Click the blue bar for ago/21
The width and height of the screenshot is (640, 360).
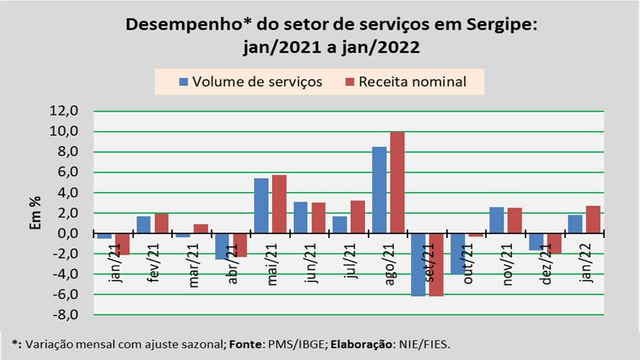click(379, 190)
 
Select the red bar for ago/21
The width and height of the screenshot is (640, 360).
click(397, 182)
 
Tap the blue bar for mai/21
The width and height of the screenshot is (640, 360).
click(261, 205)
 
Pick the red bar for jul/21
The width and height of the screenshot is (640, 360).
click(358, 217)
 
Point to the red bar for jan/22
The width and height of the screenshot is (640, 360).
click(593, 219)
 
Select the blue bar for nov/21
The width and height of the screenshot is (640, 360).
click(496, 220)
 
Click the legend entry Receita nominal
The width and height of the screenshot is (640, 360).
click(405, 81)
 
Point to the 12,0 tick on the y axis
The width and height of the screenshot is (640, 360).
click(64, 111)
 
